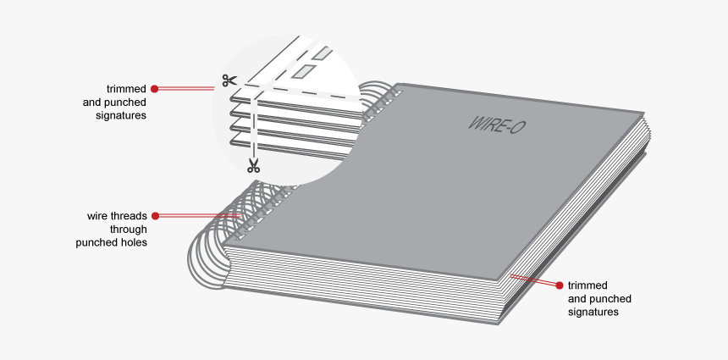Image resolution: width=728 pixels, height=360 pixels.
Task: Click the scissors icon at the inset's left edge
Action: pyautogui.click(x=228, y=80)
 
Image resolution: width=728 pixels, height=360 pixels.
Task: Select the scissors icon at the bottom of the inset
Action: pyautogui.click(x=253, y=165)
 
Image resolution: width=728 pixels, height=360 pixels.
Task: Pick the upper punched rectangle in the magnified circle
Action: pyautogui.click(x=321, y=53)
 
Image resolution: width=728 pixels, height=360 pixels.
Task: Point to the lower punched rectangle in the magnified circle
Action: pyautogui.click(x=302, y=71)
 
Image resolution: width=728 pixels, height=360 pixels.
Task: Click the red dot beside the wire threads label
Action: pyautogui.click(x=155, y=215)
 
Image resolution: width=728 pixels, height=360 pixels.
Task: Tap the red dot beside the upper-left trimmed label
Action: pyautogui.click(x=154, y=87)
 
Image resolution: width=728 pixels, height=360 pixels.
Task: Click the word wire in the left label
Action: pyautogui.click(x=99, y=215)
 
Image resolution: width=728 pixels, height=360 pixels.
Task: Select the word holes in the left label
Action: pyautogui.click(x=134, y=242)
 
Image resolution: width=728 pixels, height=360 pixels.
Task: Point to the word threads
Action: pyautogui.click(x=130, y=215)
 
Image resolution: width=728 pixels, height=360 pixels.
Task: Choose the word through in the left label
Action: pyautogui.click(x=128, y=229)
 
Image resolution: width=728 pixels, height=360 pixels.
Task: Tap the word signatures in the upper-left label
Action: pyautogui.click(x=122, y=115)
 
